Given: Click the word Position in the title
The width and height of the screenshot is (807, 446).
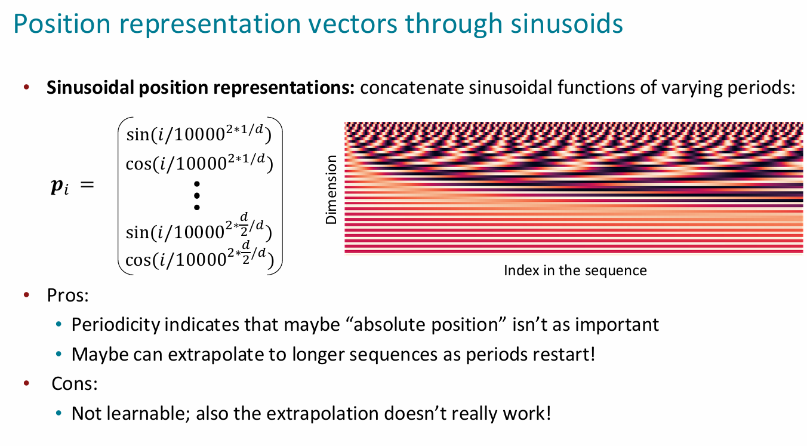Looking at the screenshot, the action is coord(61,23).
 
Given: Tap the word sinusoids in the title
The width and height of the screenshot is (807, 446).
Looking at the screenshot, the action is coord(566,23).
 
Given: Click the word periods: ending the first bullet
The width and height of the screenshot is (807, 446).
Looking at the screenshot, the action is coord(761,88).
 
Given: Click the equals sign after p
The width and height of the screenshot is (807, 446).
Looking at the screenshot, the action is coord(87,185).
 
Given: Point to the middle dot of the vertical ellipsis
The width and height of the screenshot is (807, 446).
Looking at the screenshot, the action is coord(197,196).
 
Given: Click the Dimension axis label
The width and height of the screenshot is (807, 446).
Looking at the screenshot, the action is coord(331,189).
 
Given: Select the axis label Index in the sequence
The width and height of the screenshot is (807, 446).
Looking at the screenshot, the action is coord(575,270).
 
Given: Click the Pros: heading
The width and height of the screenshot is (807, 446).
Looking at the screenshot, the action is coord(67,296).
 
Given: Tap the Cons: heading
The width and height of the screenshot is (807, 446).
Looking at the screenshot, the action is coord(75,383).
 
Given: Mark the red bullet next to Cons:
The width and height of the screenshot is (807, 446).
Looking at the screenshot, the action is coord(26,383).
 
